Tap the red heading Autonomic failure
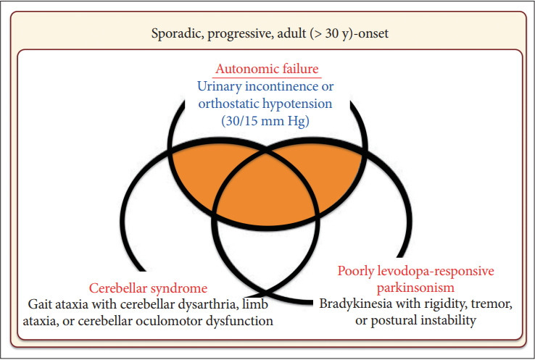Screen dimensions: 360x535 click(267, 70)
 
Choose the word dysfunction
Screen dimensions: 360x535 click(246, 319)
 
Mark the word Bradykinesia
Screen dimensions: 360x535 click(355, 303)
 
